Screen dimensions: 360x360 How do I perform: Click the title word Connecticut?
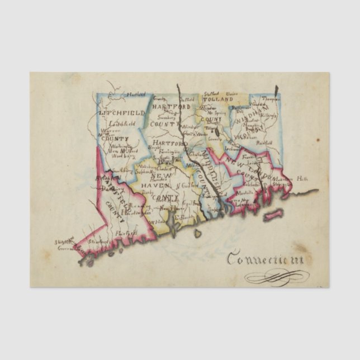click(265, 259)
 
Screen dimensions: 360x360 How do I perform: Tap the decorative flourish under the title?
click(277, 276)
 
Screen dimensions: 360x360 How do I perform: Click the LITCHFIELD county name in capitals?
click(122, 112)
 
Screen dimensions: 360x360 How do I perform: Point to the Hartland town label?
click(135, 94)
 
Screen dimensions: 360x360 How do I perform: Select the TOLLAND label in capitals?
click(220, 99)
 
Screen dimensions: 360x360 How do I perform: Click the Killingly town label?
click(269, 114)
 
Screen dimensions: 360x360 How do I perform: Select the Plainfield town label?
click(262, 143)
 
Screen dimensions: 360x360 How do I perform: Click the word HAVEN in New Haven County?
click(150, 185)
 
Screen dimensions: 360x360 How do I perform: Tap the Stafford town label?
click(211, 94)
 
